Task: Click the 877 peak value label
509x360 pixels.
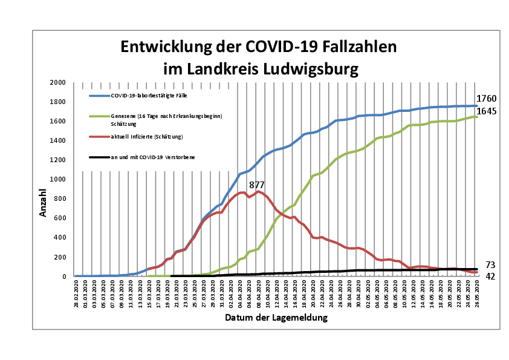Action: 258,185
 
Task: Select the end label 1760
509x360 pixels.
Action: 486,99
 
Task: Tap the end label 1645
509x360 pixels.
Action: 486,111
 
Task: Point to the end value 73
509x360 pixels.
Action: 490,265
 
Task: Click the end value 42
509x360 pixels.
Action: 490,277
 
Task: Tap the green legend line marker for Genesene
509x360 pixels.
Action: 99,116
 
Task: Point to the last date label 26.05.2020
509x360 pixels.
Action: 477,293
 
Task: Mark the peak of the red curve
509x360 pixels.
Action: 258,191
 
